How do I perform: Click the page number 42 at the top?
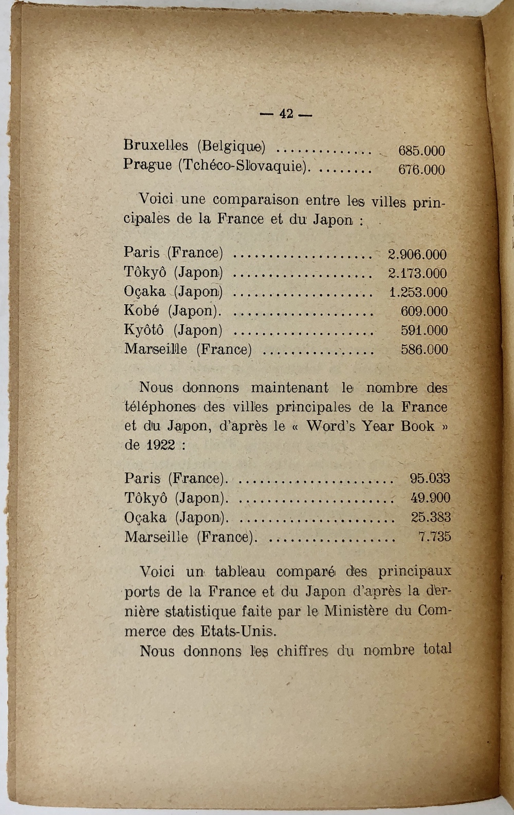pos(286,114)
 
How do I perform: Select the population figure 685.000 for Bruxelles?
pos(421,151)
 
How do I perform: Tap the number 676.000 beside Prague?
pos(421,170)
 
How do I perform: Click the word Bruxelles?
pos(156,145)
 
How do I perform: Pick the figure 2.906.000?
pos(417,254)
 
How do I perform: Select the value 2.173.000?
pos(417,273)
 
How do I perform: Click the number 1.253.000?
pos(418,292)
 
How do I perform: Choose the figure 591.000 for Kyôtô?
pos(424,330)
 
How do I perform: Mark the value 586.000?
pos(424,350)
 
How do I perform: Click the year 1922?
pos(160,445)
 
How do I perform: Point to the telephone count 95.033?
pos(430,478)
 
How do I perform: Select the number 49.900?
pos(430,497)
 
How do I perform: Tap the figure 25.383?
pos(431,517)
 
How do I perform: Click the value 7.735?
pos(434,537)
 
